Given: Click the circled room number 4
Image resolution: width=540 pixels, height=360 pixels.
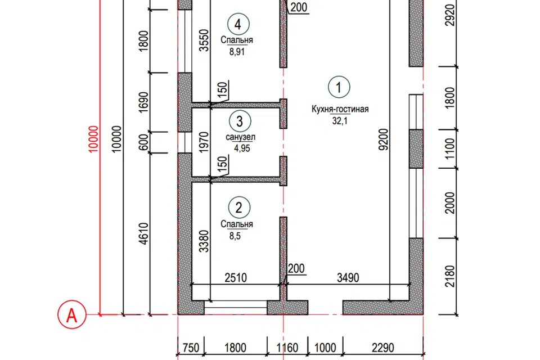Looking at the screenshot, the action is pyautogui.click(x=238, y=24).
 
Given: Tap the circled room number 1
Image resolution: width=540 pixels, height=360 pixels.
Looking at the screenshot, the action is pyautogui.click(x=339, y=87).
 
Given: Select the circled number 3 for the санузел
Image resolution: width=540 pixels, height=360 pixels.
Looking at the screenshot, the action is pyautogui.click(x=240, y=121).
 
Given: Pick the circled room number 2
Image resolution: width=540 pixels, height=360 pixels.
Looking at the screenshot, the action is pyautogui.click(x=239, y=208).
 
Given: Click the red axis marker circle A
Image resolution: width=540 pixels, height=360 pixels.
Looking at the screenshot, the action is pyautogui.click(x=71, y=314).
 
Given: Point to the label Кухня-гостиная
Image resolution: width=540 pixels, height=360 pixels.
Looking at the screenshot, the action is pyautogui.click(x=340, y=109).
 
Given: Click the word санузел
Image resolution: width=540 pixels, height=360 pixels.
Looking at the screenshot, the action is pyautogui.click(x=240, y=137).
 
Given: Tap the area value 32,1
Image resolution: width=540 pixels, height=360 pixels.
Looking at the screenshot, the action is pyautogui.click(x=340, y=121).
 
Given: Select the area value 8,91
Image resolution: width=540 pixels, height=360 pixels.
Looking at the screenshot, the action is pyautogui.click(x=237, y=52).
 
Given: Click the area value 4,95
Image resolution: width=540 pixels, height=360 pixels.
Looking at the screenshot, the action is pyautogui.click(x=242, y=148).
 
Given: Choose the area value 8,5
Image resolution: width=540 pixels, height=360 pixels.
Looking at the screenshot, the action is pyautogui.click(x=235, y=236).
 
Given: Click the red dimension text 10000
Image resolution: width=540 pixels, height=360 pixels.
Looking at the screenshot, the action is pyautogui.click(x=93, y=139).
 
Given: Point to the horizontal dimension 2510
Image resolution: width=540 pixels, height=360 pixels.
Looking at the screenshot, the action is pyautogui.click(x=236, y=278).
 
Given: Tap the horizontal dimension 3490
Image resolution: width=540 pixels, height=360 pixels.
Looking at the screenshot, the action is pyautogui.click(x=348, y=278).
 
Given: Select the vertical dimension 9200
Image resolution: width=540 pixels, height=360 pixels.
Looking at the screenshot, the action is pyautogui.click(x=383, y=139).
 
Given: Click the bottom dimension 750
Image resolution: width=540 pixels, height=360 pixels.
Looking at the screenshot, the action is pyautogui.click(x=191, y=348).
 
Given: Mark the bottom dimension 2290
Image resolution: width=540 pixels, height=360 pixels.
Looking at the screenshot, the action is pyautogui.click(x=383, y=348).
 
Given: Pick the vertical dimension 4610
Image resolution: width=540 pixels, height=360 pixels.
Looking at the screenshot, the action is pyautogui.click(x=144, y=233).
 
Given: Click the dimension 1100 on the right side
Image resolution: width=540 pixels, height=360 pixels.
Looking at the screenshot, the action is pyautogui.click(x=450, y=149).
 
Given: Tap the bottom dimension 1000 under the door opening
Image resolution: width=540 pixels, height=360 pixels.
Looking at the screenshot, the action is pyautogui.click(x=325, y=348).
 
